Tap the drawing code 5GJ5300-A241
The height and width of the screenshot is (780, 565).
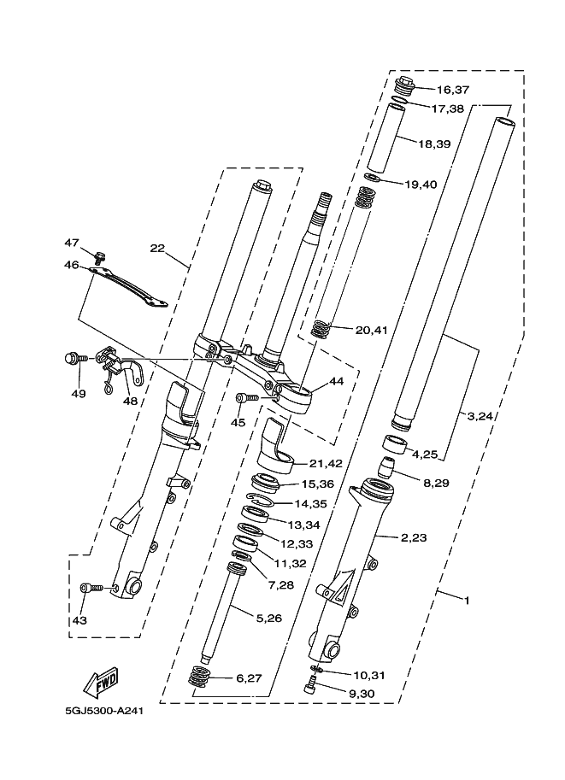pos(104,711)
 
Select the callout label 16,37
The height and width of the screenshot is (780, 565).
pos(453,90)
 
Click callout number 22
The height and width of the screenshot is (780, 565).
pos(157,248)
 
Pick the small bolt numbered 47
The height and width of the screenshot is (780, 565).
pos(101,257)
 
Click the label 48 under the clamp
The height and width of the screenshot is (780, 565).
pos(130,401)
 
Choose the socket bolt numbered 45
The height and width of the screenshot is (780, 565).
pos(246,397)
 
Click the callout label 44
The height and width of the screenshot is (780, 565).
pos(337,382)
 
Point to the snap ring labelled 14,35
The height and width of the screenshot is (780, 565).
pos(261,498)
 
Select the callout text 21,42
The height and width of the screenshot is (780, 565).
pos(326,464)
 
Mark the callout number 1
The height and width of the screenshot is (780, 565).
pos(467,601)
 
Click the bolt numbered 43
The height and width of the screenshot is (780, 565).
pos(91,588)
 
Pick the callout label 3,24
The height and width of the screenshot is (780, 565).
pos(479,416)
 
